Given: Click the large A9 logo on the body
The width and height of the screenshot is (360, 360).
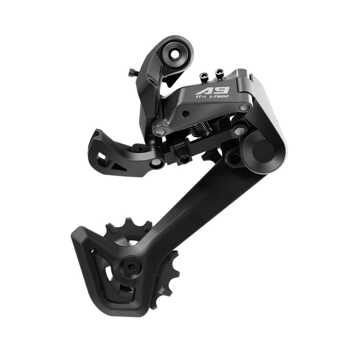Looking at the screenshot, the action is tap(212, 90).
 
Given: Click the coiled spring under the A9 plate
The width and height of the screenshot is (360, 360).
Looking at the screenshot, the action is tap(199, 129).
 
